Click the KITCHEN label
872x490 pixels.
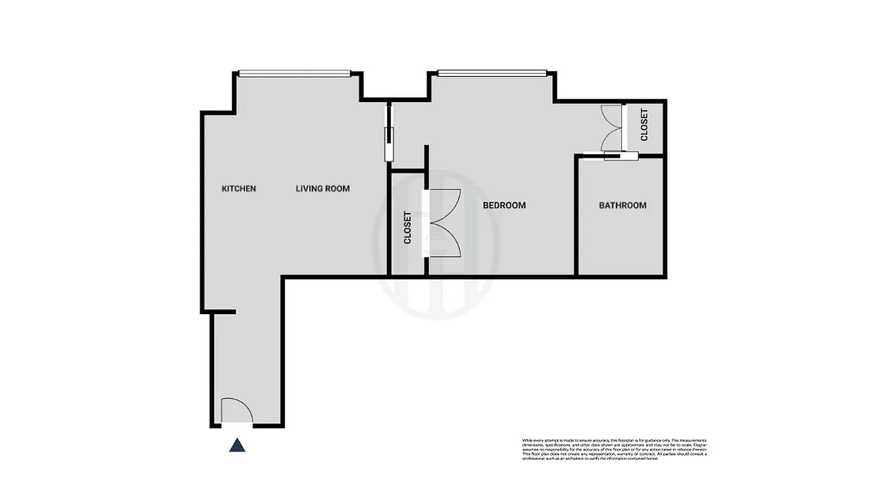pos(239,189)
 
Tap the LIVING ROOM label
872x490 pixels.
pos(323,189)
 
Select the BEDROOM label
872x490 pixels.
pos(504,205)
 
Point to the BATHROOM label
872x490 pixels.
pos(622,205)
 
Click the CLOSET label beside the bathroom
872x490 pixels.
pos(644,125)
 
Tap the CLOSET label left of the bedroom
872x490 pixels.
pos(407,228)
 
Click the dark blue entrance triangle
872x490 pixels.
pos(237,445)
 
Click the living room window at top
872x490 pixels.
pos(295,73)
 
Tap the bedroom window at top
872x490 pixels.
pos(492,73)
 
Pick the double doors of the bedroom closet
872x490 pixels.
pos(443,222)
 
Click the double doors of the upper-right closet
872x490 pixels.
pos(611,127)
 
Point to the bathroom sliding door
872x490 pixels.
pos(612,156)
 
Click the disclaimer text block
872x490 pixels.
pos(614,450)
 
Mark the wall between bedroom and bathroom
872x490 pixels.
pos(576,214)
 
